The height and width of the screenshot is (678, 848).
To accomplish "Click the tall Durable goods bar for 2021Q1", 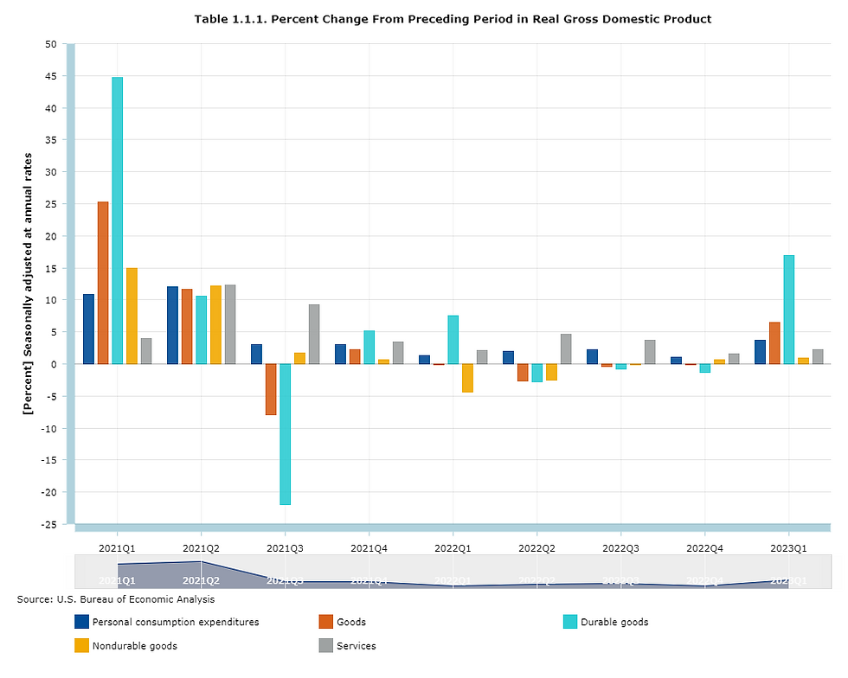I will pos(117,221).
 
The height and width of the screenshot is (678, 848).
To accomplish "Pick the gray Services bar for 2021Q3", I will pos(313,334).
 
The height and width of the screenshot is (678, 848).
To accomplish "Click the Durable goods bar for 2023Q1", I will pos(788,310).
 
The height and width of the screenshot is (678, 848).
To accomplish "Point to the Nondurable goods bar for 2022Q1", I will pos(467,378).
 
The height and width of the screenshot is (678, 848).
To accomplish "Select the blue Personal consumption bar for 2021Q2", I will pos(173,325).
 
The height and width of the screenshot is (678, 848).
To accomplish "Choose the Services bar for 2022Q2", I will pos(565,349).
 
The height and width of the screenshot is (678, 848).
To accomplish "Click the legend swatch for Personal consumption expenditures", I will pos(82,622).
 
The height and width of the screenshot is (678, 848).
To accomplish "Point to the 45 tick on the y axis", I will pos(50,76).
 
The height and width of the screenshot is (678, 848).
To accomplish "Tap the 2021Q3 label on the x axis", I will pos(285,548).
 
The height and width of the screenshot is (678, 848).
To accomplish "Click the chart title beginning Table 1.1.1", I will pos(453,19).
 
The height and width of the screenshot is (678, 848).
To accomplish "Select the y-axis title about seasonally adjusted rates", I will pos(28,284).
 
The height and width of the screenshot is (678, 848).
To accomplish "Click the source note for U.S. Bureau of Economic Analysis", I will pos(116,598).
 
